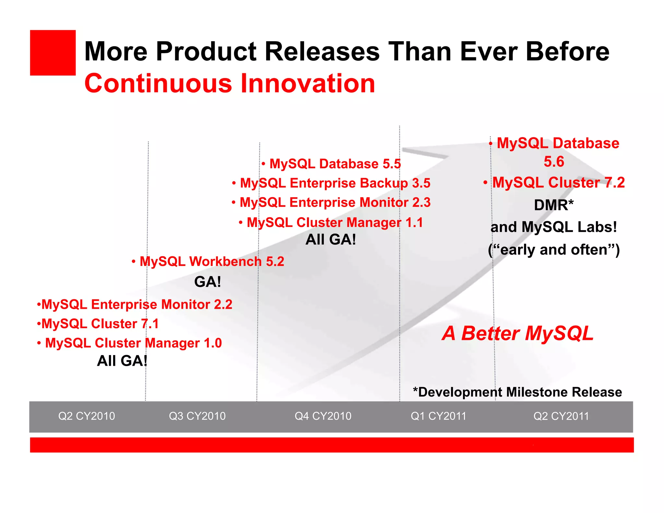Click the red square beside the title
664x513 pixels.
coord(53,53)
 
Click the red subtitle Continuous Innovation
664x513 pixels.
coord(230,83)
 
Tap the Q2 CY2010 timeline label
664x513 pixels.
coord(87,416)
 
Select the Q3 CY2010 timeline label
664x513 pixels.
coord(197,416)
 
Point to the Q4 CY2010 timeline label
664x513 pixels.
coord(323,416)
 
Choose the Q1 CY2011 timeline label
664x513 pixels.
coord(438,416)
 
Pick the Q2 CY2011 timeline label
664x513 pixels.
coord(561,416)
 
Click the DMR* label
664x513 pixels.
coord(554,205)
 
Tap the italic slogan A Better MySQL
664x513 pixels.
coord(517,333)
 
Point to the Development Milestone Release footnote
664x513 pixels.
coord(517,392)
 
